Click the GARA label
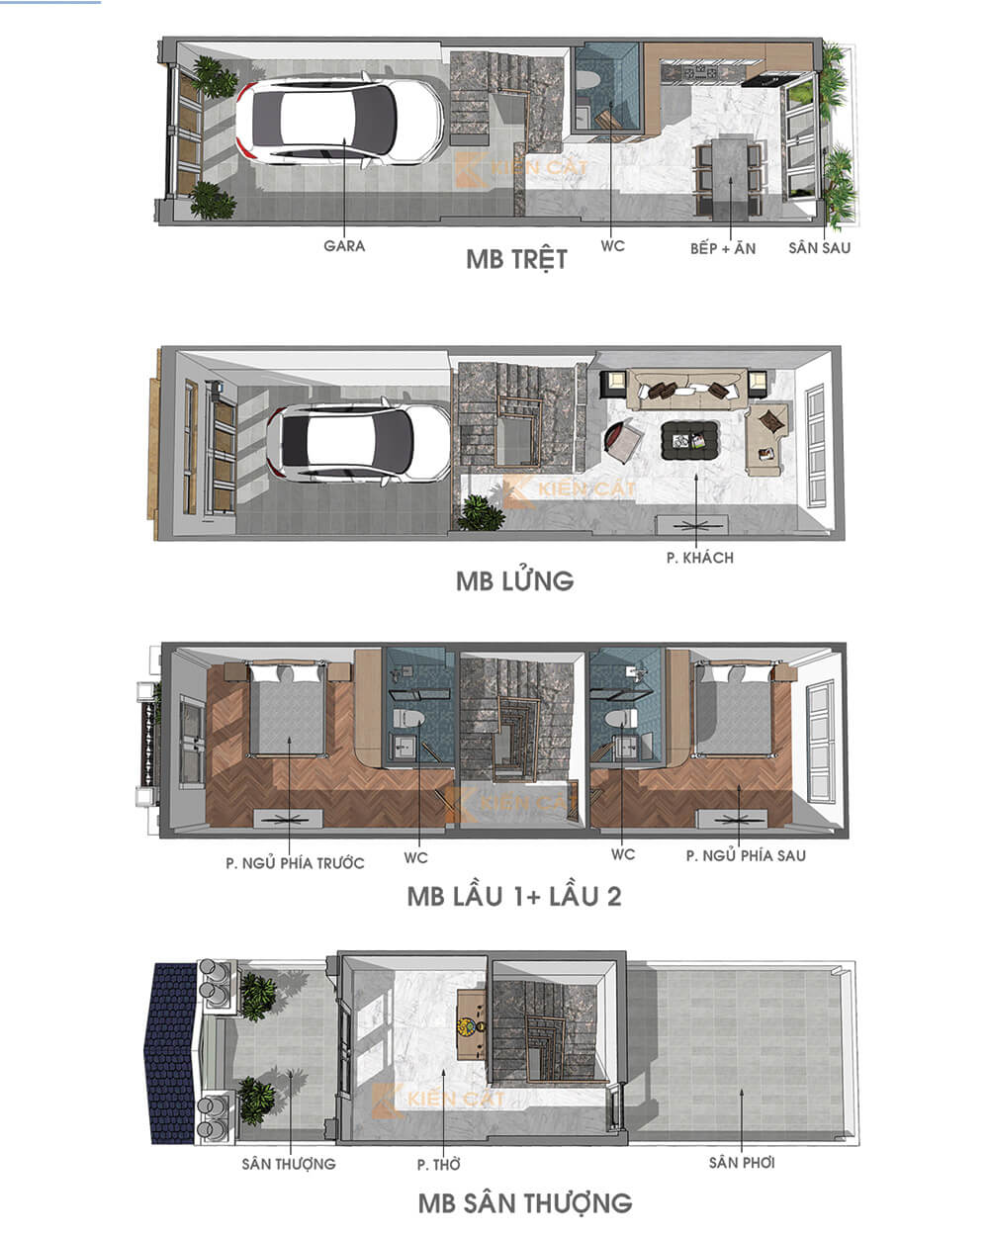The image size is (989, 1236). click(344, 245)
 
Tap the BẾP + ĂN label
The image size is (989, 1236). click(722, 248)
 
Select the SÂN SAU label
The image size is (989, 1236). click(819, 247)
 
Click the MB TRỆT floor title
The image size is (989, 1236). click(516, 260)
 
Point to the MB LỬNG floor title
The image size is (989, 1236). click(514, 580)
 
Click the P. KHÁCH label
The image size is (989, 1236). click(700, 558)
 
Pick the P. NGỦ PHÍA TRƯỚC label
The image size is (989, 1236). click(295, 863)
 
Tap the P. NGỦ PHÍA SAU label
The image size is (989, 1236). click(746, 855)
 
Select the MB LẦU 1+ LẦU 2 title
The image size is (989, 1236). click(514, 897)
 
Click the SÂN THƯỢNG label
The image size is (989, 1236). click(289, 1164)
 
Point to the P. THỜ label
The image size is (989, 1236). click(439, 1165)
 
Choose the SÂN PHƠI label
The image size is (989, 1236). click(742, 1163)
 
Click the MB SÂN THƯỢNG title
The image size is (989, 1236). click(525, 1203)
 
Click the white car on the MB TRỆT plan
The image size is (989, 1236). click(339, 121)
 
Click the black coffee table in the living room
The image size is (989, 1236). click(689, 439)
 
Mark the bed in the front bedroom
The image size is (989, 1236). click(287, 709)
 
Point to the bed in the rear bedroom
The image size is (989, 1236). click(733, 709)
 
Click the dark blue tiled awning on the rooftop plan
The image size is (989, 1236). click(172, 1052)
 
